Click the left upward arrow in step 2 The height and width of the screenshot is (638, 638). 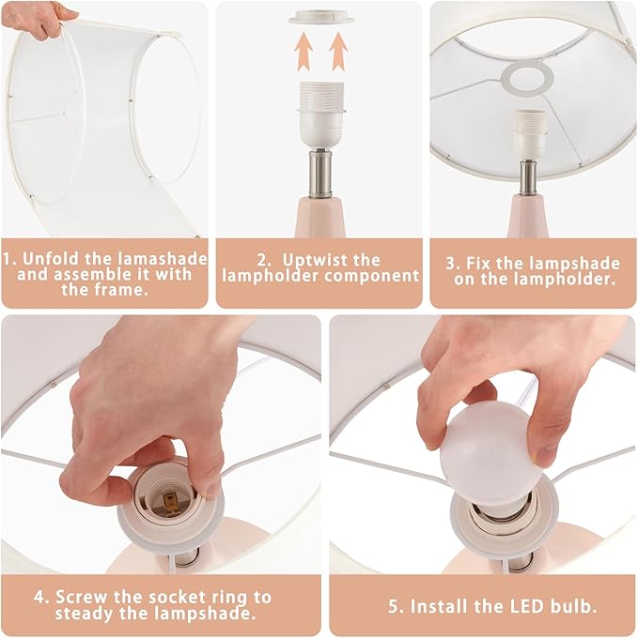(x=303, y=52)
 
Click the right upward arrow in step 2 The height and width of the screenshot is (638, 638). (x=338, y=52)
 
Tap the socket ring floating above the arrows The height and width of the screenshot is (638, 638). (x=321, y=17)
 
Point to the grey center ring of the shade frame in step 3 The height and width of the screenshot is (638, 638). (x=527, y=79)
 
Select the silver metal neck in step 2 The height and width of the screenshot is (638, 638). (x=320, y=174)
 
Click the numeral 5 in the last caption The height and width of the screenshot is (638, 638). (x=393, y=607)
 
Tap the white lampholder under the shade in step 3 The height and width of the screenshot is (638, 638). (x=528, y=135)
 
